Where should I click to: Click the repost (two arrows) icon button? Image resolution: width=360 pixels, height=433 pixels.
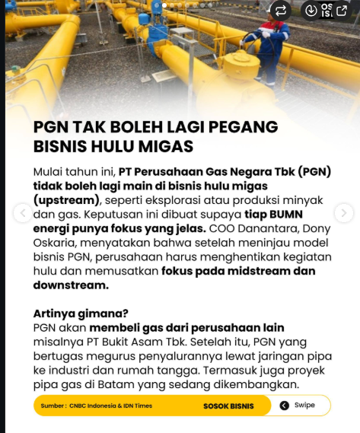pyautogui.click(x=281, y=11)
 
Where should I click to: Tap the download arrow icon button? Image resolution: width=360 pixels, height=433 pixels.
pyautogui.click(x=311, y=11)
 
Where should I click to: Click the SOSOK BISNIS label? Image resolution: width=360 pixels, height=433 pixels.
pyautogui.click(x=228, y=406)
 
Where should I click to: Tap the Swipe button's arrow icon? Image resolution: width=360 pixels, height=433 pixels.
pyautogui.click(x=285, y=406)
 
